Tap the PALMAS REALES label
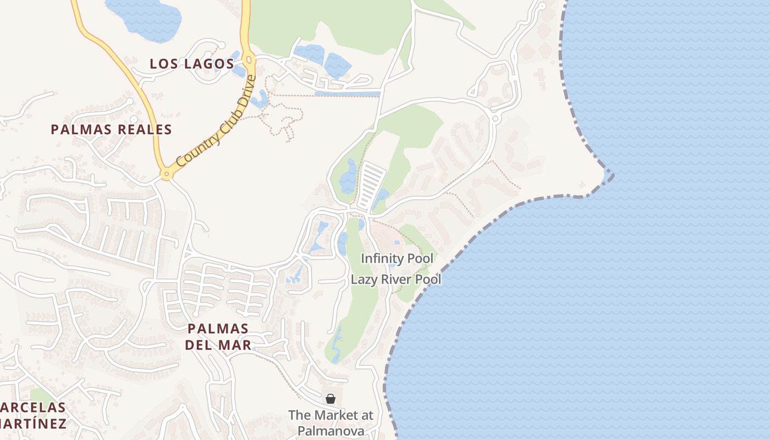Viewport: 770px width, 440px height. click(111, 130)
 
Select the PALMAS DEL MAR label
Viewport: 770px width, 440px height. click(218, 337)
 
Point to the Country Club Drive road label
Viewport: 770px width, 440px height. click(217, 122)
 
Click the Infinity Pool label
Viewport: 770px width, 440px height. click(397, 258)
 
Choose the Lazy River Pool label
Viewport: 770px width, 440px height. click(396, 279)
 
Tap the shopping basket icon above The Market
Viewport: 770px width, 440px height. click(331, 399)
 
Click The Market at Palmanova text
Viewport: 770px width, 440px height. click(331, 422)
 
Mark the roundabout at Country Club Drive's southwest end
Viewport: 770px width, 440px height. click(166, 175)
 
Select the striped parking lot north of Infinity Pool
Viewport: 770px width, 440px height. click(372, 186)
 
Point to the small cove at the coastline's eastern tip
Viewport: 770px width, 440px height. click(608, 175)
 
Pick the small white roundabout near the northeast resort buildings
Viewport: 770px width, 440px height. click(495, 118)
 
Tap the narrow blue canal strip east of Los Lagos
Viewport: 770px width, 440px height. click(347, 94)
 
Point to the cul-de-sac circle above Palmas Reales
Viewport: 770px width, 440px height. click(134, 119)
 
